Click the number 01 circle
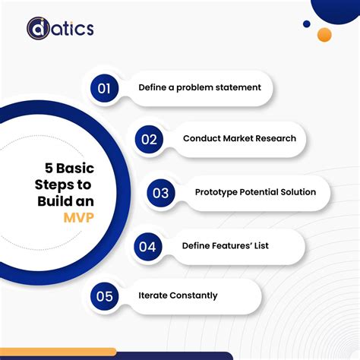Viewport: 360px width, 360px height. coord(105,87)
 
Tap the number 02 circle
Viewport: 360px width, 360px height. coord(150,139)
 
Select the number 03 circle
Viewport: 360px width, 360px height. coord(160,192)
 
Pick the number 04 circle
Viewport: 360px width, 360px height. coord(148,245)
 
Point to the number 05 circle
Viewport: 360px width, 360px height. coord(105,295)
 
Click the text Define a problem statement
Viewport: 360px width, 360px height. coord(199,87)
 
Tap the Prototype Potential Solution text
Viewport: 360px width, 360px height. coord(255,192)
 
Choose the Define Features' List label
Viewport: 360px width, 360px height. coord(225,245)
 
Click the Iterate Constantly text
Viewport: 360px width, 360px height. coord(178,295)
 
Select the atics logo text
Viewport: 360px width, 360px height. coord(73,29)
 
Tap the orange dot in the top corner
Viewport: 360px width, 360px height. coord(324,35)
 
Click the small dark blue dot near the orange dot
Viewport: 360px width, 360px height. coord(307,24)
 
